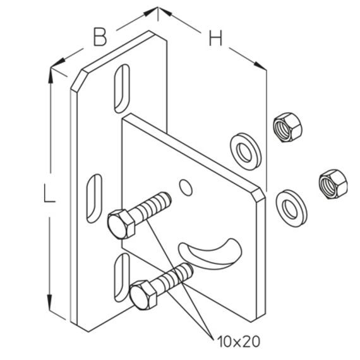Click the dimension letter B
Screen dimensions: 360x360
pos(100,37)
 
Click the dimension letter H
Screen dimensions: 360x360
pos(215,37)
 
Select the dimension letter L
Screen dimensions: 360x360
pos(49,195)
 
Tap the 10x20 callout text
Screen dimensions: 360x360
pos(239,342)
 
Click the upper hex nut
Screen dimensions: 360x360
pos(287,127)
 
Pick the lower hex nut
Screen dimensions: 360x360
pos(333,184)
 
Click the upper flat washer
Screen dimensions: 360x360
pos(246,151)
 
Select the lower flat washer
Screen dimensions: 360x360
pos(292,208)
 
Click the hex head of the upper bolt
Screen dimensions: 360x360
pos(121,224)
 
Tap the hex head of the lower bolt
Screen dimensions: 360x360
pos(143,295)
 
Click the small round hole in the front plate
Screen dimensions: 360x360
pos(186,188)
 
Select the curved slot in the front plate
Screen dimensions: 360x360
pos(210,256)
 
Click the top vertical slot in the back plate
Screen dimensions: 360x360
pos(122,88)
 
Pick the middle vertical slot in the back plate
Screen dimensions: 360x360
pos(94,198)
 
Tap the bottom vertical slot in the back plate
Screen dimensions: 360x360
pos(122,277)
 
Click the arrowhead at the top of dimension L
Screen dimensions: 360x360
pos(51,75)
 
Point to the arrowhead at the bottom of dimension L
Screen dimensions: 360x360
pos(49,302)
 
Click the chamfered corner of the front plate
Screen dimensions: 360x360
pos(258,195)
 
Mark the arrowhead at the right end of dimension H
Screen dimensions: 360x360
pos(260,65)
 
